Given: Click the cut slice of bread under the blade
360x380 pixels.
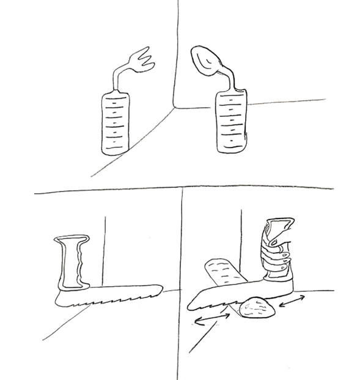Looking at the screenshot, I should click(259, 308).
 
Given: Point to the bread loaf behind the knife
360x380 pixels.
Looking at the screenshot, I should click(225, 272).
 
